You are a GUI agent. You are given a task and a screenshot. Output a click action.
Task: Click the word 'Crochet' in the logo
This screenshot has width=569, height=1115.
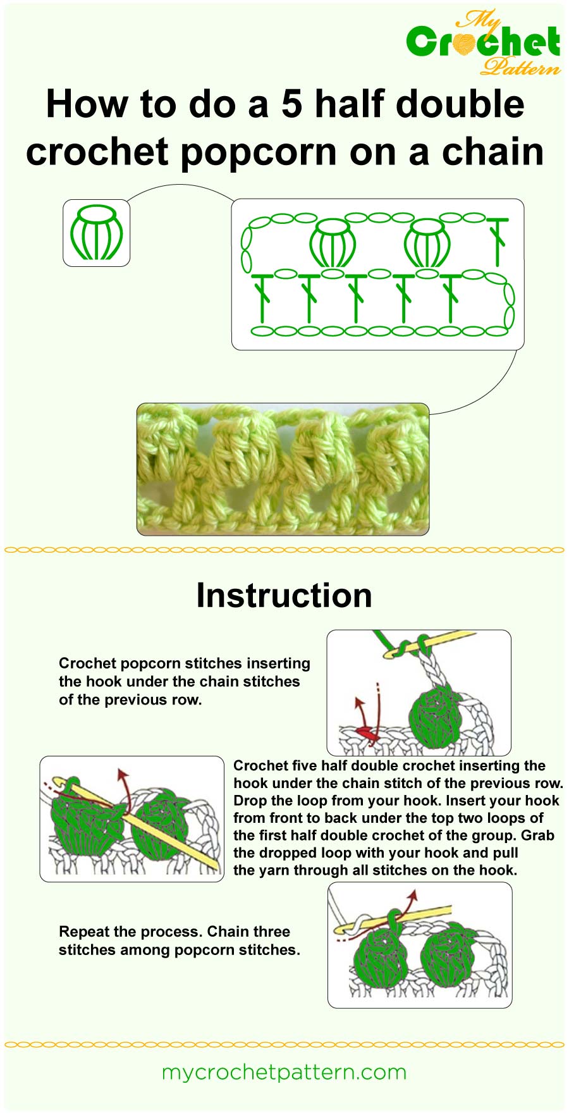click(483, 42)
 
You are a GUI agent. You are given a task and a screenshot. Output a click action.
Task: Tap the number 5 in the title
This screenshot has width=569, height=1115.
click(291, 104)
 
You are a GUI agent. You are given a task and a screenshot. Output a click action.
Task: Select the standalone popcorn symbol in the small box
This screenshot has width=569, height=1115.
click(96, 232)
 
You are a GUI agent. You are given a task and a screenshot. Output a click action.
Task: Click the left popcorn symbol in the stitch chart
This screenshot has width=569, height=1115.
click(333, 243)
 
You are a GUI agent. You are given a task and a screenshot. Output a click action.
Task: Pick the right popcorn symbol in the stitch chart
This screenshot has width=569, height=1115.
click(427, 243)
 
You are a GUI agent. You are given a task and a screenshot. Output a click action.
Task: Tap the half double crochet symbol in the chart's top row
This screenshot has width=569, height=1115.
click(498, 241)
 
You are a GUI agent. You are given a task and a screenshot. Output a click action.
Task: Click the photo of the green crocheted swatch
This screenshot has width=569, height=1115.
click(283, 469)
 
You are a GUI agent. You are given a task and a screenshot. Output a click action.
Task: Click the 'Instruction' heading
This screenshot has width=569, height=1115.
click(284, 595)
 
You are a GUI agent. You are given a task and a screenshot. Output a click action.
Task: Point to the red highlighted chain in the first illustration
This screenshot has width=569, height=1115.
click(365, 734)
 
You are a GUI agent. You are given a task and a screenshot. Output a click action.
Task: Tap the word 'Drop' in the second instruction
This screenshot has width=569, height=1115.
click(250, 801)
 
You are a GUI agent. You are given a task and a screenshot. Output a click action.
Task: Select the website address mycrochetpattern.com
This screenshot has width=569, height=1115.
click(284, 1072)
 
